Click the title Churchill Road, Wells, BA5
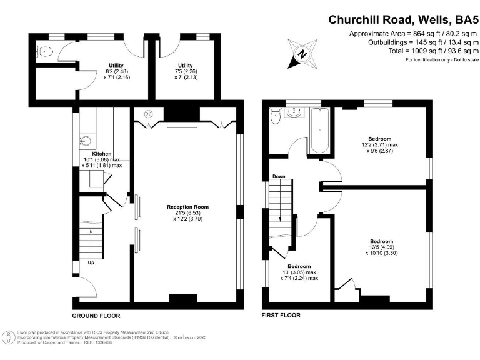click(x=402, y=19)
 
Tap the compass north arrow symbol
click(x=301, y=53)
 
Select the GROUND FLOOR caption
click(x=96, y=316)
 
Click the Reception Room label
click(x=187, y=207)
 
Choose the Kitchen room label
click(x=102, y=154)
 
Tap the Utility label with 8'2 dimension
click(x=116, y=66)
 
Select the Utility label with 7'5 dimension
click(x=185, y=66)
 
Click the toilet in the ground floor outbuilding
click(x=44, y=52)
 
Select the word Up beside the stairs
click(x=91, y=263)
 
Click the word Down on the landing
click(x=279, y=177)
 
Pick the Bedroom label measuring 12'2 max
click(x=380, y=139)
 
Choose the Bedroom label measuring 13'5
click(x=381, y=242)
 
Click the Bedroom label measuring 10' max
click(x=299, y=267)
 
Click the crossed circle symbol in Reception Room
click(x=149, y=114)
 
